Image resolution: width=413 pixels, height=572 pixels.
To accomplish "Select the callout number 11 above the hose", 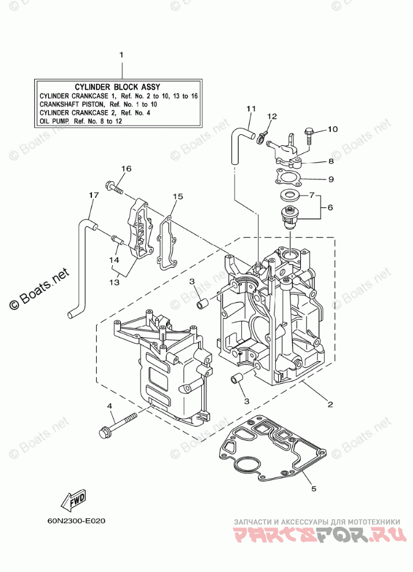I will click(x=250, y=108).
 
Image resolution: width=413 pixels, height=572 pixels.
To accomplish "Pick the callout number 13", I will click(x=115, y=282).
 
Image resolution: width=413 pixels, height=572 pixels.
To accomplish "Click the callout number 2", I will click(x=330, y=404).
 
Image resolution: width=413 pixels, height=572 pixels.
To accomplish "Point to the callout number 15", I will click(x=178, y=197).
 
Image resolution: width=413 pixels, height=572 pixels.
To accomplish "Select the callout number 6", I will click(x=330, y=207).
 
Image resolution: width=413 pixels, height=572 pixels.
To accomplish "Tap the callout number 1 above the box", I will click(x=121, y=55).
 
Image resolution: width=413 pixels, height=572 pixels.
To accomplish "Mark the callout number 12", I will click(x=272, y=116).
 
